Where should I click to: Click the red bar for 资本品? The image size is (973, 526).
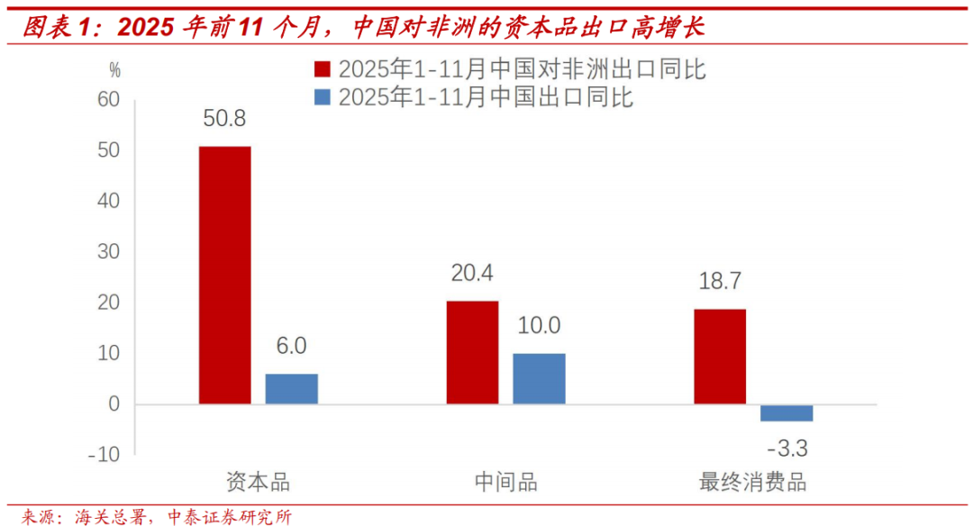tap(224, 275)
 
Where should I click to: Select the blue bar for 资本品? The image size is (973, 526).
tap(291, 388)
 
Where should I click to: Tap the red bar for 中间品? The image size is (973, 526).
tap(472, 352)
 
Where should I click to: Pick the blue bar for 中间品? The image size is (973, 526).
tap(539, 378)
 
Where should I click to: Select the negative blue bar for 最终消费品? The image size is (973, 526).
tap(787, 413)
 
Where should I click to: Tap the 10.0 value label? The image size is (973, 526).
tap(539, 325)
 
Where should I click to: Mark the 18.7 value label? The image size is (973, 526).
tap(719, 282)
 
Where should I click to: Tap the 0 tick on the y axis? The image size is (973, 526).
tap(114, 404)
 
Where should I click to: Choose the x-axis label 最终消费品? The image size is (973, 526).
tap(752, 482)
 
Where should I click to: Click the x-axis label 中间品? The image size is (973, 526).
tap(505, 482)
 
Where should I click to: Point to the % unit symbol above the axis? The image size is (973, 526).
tap(114, 69)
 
